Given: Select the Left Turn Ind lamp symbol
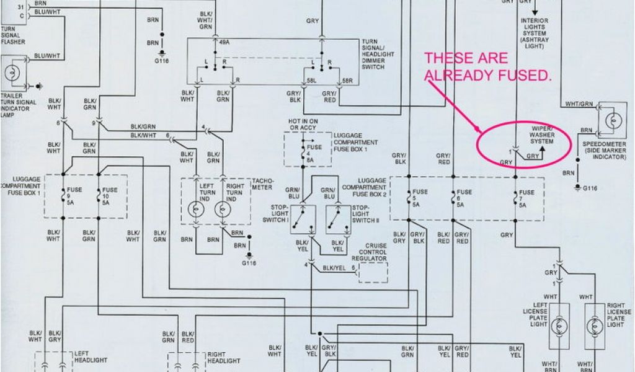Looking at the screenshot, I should point(197,210).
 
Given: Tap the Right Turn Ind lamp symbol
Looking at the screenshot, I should point(221,210).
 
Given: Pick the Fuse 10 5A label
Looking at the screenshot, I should point(109,197).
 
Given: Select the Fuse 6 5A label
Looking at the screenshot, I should point(464,198).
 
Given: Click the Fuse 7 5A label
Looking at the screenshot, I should point(526,198).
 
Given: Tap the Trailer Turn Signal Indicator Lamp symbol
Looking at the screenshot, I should point(12,73).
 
